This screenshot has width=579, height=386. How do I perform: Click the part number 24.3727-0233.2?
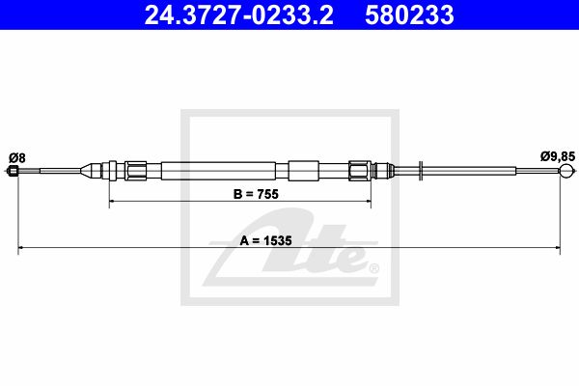[239, 15]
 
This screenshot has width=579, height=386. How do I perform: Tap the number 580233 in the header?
[409, 15]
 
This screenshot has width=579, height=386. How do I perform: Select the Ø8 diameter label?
[17, 158]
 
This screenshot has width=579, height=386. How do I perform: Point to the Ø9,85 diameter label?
[558, 156]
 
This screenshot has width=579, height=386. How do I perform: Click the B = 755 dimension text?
[256, 194]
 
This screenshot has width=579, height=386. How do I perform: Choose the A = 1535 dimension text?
[266, 240]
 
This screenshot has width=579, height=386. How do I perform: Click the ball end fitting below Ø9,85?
[566, 171]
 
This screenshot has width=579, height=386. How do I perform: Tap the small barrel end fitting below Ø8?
[14, 171]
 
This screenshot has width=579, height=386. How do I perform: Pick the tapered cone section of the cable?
[91, 171]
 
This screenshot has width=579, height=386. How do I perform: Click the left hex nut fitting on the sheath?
[135, 171]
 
